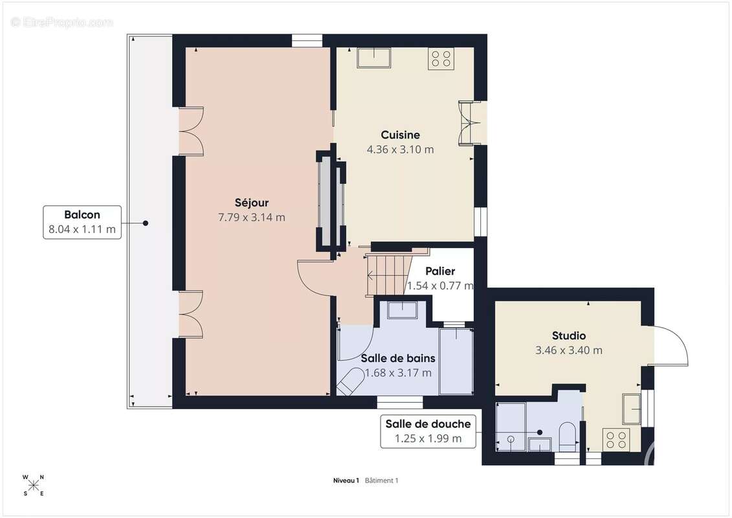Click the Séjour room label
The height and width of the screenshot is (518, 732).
click(252, 203)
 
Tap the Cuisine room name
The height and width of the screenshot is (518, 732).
click(400, 135)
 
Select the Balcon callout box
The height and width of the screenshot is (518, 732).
click(82, 222)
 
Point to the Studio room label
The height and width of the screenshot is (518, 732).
click(569, 335)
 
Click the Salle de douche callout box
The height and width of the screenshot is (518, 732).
click(428, 431)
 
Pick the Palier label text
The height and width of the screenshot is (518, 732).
click(440, 271)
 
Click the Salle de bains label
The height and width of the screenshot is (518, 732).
click(398, 358)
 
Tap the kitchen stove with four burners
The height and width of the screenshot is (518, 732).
click(441, 59)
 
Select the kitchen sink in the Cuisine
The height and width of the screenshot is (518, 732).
click(374, 58)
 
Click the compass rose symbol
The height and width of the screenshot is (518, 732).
click(34, 486)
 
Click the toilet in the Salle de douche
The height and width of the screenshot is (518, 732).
click(568, 436)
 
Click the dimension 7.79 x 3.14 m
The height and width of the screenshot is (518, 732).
click(252, 217)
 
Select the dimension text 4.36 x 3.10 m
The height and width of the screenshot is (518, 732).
click(400, 150)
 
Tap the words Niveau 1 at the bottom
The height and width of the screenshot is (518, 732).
click(346, 480)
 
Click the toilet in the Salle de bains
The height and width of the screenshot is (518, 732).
click(350, 381)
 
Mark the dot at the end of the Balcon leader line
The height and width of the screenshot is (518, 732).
click(146, 223)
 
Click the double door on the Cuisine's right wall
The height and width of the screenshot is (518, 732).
click(469, 123)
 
